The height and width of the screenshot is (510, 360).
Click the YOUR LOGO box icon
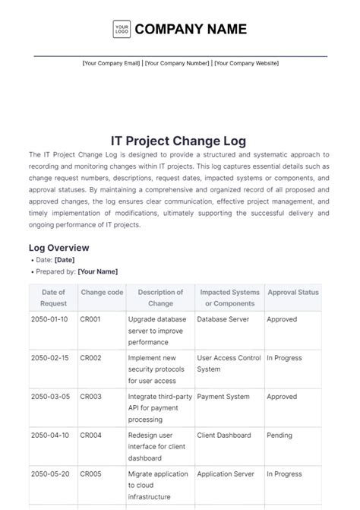122,30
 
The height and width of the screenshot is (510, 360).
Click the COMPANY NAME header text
191,30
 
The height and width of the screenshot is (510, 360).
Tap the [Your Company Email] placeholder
112,63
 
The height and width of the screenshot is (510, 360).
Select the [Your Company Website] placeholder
246,63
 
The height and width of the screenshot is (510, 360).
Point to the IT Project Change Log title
179,141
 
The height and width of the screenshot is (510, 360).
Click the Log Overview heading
59,248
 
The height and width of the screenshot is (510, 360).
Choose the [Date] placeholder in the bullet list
65,260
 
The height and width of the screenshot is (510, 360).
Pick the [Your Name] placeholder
98,271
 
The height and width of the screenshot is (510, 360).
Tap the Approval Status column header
292,292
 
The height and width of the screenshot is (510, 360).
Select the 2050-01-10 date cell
49,320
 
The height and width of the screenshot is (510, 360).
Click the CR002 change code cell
90,358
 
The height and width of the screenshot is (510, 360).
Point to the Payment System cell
223,397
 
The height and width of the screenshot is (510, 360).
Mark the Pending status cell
279,436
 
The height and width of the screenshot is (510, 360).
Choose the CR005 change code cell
90,474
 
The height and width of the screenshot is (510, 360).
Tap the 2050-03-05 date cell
49,397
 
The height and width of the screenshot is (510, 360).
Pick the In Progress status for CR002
284,358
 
